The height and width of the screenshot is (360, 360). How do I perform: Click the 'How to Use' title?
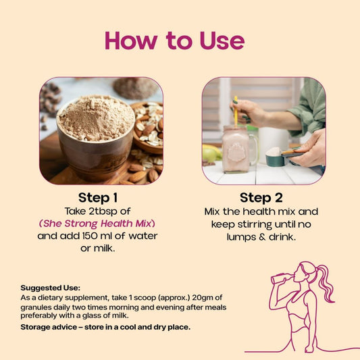175,41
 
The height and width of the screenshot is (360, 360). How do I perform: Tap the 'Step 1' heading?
98,198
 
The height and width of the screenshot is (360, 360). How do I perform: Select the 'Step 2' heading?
261,198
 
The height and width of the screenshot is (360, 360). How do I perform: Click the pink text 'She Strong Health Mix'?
97,224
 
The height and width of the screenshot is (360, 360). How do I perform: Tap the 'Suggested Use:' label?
51,288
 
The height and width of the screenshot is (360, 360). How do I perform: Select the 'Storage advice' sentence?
105,327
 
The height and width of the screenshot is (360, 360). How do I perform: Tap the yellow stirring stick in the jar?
236,112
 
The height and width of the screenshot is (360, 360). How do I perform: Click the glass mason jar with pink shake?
239,149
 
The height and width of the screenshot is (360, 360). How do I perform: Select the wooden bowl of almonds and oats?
148,128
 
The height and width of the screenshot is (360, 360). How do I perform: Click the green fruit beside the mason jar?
209,154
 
